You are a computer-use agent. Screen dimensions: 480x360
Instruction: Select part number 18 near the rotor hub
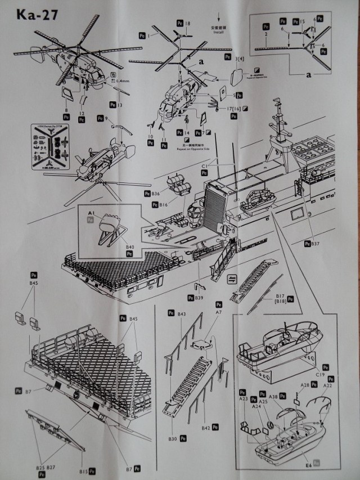point(187,23)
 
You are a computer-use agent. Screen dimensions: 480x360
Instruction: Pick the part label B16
point(164,205)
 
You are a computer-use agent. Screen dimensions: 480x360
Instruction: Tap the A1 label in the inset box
point(91,213)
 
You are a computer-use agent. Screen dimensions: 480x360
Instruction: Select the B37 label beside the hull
point(315,244)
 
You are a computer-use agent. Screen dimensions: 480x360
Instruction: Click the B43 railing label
point(181,313)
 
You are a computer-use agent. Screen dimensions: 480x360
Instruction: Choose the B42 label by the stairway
point(206,429)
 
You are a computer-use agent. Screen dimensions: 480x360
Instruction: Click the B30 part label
point(172,439)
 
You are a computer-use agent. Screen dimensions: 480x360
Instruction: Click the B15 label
point(84,470)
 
